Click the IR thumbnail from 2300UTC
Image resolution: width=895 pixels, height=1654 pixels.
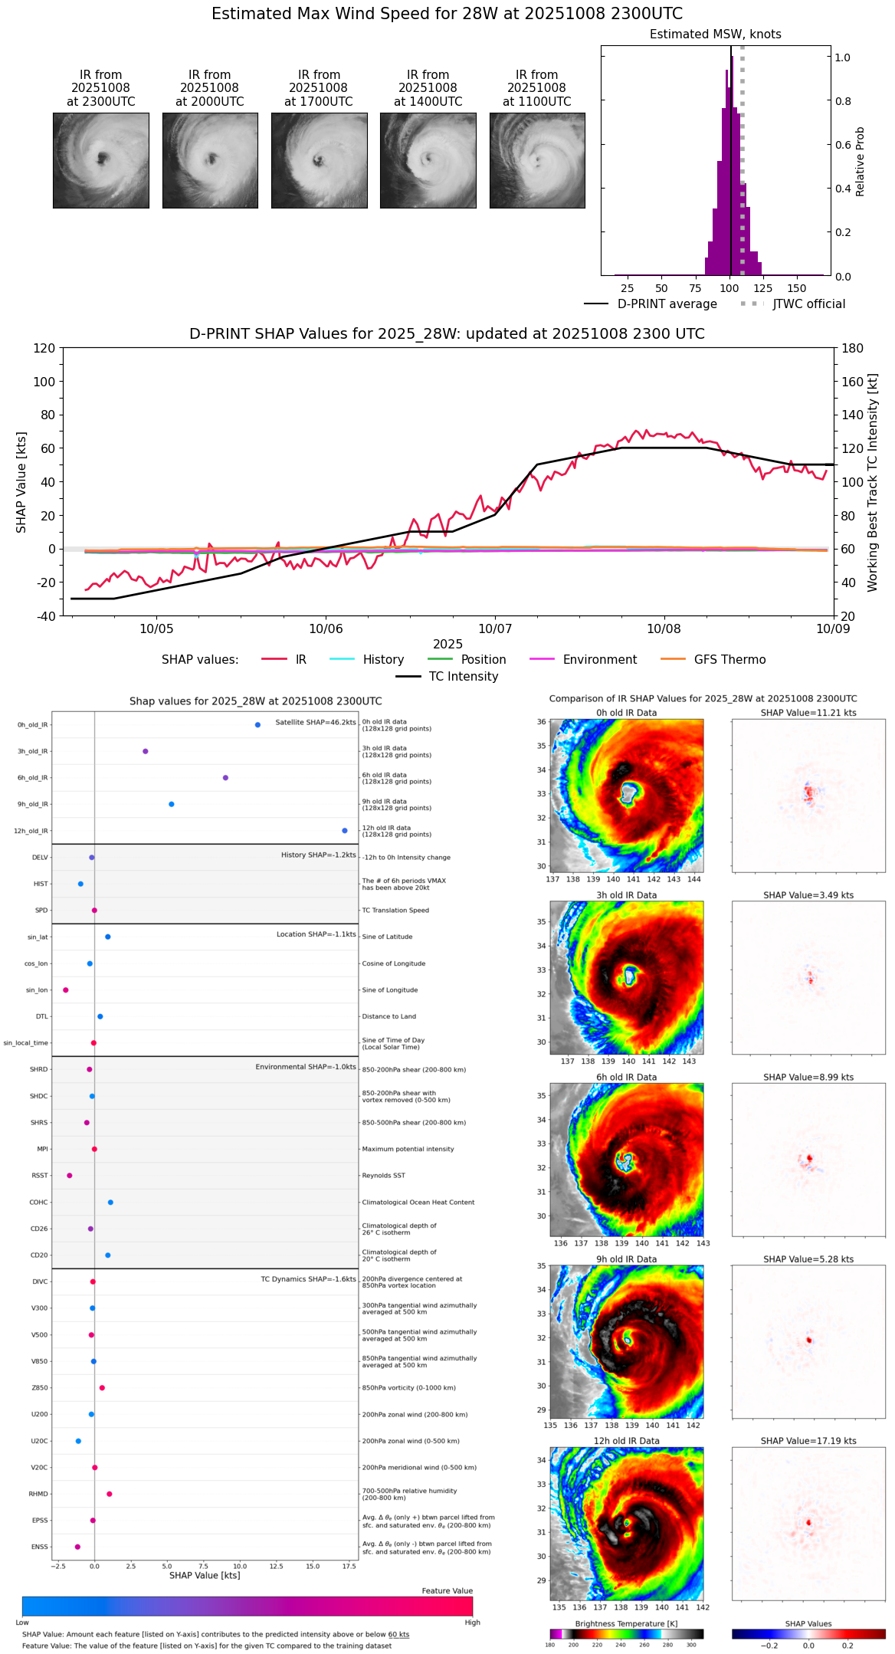[100, 160]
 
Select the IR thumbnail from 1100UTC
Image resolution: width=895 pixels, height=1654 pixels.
[537, 160]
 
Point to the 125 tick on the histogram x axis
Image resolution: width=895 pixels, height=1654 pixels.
[763, 289]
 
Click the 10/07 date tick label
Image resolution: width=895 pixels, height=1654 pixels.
[494, 629]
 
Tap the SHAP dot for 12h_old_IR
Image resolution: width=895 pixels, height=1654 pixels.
[345, 831]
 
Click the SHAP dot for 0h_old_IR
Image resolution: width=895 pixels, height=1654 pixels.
[257, 725]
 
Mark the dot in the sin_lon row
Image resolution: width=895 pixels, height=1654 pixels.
[66, 990]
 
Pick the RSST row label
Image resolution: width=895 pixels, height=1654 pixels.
[40, 1176]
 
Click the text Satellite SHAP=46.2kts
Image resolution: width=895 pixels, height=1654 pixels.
[316, 723]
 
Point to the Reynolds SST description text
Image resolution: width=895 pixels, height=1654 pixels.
[384, 1176]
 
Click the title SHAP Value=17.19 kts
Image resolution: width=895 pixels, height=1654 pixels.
[808, 1441]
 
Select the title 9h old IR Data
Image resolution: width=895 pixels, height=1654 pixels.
[626, 1259]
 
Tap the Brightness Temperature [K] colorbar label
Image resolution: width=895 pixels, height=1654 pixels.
[626, 1623]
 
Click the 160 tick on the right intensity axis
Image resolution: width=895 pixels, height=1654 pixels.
[853, 382]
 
